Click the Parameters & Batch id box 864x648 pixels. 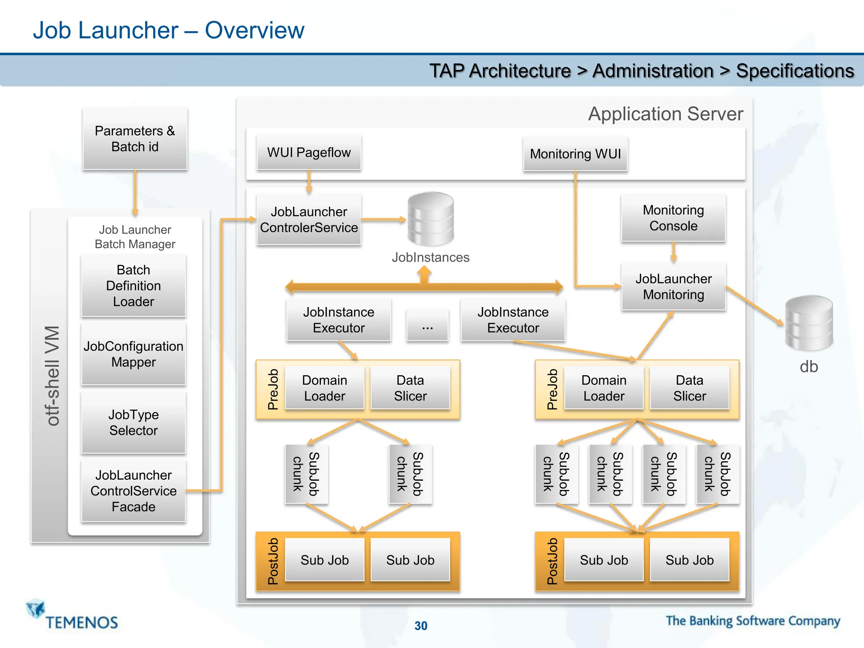tap(135, 139)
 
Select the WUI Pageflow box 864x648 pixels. tap(309, 152)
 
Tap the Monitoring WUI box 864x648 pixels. tap(575, 154)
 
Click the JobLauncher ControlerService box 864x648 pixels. tap(309, 219)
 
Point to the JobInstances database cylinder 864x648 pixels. tap(430, 219)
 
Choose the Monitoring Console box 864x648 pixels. tap(673, 218)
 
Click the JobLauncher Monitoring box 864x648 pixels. tap(673, 286)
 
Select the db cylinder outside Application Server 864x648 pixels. tap(808, 323)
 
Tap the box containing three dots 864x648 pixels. tap(427, 325)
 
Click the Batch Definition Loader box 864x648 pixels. tap(133, 286)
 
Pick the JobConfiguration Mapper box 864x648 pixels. tap(133, 354)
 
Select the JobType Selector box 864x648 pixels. tap(133, 422)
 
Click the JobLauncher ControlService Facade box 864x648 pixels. tap(133, 491)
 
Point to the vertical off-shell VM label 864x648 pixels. tap(52, 375)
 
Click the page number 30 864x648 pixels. tap(421, 626)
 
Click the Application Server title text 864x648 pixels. tap(665, 114)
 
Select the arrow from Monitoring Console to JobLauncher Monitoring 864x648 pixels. tap(673, 252)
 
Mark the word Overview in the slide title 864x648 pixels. tap(254, 30)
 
